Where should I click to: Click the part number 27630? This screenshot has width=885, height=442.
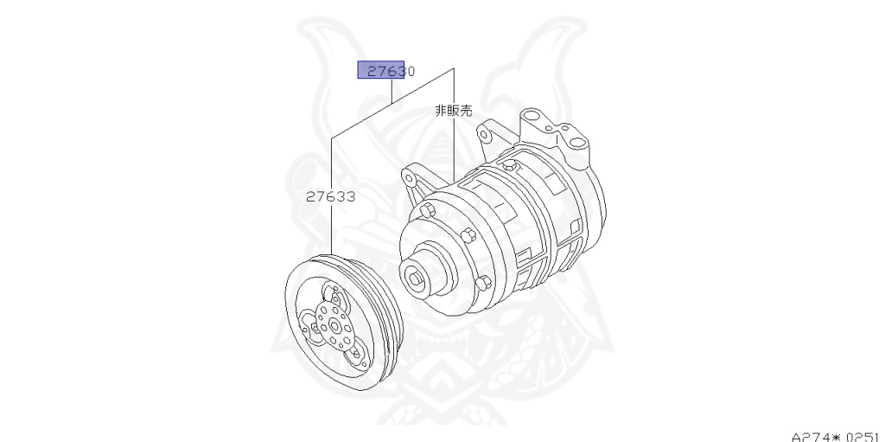click(392, 71)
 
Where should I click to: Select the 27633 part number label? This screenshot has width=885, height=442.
click(331, 196)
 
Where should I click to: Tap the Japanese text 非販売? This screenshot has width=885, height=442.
click(453, 111)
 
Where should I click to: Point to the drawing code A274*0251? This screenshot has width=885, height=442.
click(837, 437)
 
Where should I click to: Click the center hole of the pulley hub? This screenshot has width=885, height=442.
click(334, 326)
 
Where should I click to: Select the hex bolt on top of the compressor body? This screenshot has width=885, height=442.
click(511, 165)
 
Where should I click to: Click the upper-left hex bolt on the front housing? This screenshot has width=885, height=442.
click(427, 211)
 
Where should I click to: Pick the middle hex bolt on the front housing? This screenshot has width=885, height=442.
click(468, 234)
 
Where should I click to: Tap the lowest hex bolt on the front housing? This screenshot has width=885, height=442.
click(481, 283)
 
